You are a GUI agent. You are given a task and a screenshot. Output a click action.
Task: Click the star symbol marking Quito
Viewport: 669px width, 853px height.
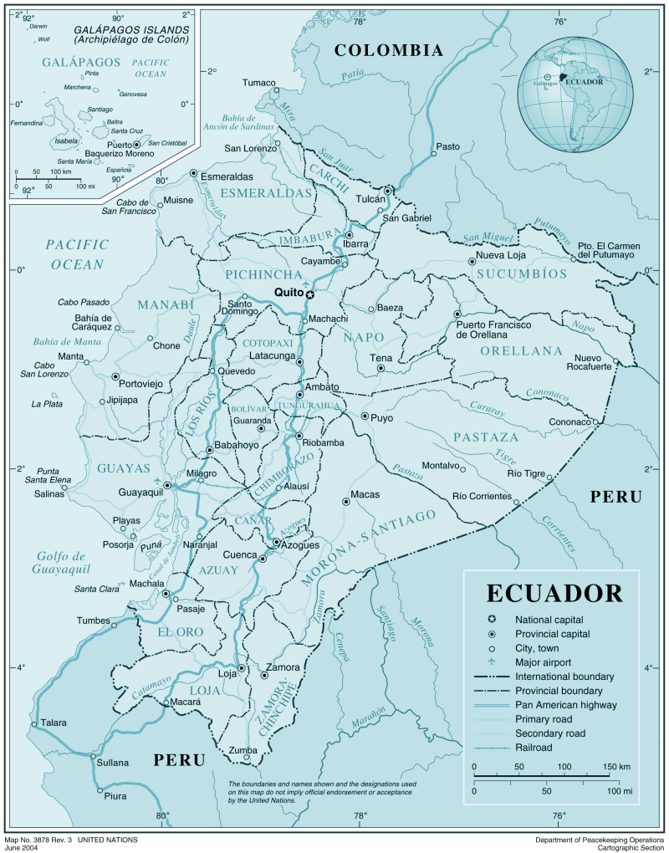tap(309, 294)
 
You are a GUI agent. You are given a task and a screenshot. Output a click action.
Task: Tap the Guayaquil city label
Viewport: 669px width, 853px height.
tap(140, 493)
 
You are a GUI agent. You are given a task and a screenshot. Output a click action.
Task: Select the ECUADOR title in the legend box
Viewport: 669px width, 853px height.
tap(554, 593)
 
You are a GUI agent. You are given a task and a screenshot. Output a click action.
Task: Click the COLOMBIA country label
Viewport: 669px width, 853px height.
tap(388, 51)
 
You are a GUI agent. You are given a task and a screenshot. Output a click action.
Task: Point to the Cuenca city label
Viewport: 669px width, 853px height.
tap(239, 555)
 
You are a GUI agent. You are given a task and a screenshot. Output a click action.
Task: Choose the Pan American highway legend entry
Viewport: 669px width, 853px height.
tap(565, 705)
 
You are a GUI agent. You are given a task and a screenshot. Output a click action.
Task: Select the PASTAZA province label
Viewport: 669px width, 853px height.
tap(486, 437)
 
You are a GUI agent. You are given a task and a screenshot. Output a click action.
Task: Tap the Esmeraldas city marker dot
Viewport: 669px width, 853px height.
tap(194, 174)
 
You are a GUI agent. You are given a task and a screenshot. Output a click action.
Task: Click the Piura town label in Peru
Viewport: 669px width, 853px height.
tap(115, 795)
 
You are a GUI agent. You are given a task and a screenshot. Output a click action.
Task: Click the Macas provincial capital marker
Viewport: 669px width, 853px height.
tap(345, 502)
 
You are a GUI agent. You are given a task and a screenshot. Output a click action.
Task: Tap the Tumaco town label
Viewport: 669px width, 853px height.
tap(258, 82)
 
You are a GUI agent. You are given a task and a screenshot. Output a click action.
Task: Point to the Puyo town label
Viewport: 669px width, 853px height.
tap(381, 416)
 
